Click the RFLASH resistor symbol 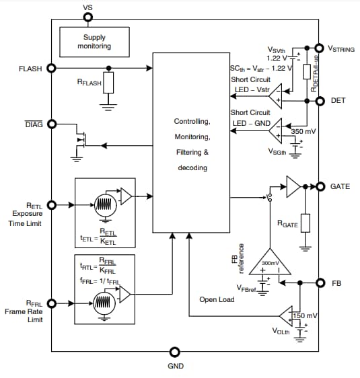click(x=108, y=83)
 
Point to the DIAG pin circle click(x=52, y=124)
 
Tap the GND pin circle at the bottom click(x=175, y=352)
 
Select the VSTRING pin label click(x=340, y=48)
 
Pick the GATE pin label click(x=340, y=186)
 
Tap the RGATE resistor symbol click(x=305, y=223)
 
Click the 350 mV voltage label click(x=303, y=131)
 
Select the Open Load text click(x=217, y=299)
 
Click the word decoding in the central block click(x=192, y=167)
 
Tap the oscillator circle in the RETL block click(x=104, y=205)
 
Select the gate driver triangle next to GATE click(x=294, y=186)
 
